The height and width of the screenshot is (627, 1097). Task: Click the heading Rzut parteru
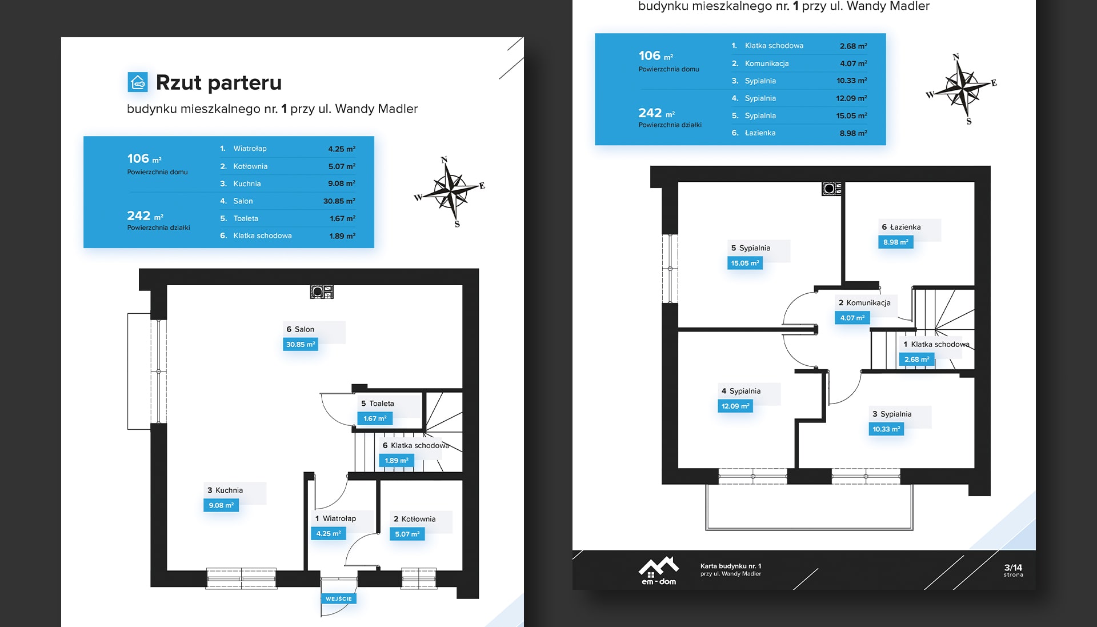(x=219, y=82)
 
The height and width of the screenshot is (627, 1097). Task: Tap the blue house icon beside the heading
(x=138, y=82)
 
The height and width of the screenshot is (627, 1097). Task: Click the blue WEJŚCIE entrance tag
(x=339, y=598)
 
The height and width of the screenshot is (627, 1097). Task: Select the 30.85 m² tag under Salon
(x=301, y=344)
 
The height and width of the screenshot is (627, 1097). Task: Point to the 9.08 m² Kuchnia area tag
(x=221, y=505)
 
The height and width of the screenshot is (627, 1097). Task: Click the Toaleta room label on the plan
(x=378, y=404)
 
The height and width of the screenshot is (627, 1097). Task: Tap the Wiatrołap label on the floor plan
(x=335, y=518)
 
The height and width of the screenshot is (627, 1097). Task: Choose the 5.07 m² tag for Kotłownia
(x=407, y=534)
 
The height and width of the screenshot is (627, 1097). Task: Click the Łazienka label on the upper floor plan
(x=901, y=227)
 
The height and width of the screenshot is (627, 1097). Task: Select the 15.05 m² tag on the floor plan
(x=745, y=263)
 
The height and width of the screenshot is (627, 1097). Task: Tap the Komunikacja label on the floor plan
(x=864, y=303)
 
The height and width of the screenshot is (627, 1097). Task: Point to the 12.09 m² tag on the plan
(x=735, y=406)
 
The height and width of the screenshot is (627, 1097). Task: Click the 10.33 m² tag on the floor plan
(x=887, y=429)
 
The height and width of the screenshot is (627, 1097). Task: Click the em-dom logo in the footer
(x=659, y=570)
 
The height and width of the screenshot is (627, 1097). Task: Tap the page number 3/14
(x=1013, y=568)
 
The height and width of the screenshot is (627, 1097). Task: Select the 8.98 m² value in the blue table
(x=853, y=133)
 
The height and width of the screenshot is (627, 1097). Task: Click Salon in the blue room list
(x=243, y=201)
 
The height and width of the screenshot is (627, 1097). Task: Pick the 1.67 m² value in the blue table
(x=342, y=218)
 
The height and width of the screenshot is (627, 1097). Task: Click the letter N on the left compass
(x=444, y=160)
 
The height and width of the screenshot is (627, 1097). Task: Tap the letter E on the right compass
(x=994, y=83)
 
